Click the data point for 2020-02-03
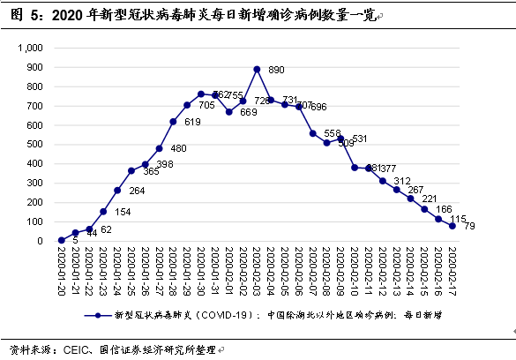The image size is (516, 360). (257, 69)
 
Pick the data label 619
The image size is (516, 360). (193, 123)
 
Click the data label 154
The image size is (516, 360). (123, 213)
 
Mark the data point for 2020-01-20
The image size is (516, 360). (61, 240)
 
